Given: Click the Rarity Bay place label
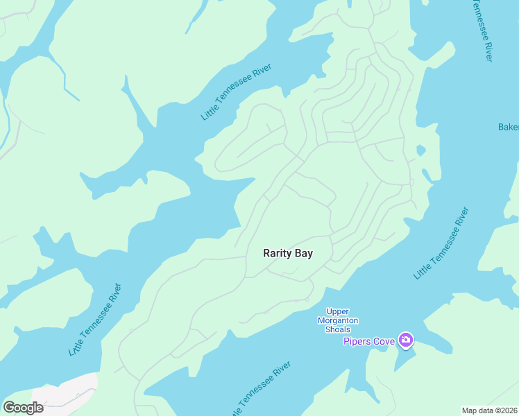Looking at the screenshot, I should point(288,253).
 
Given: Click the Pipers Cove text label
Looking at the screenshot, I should point(369,340).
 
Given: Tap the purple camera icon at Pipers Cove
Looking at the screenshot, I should point(406,340).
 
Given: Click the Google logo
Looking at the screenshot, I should point(23,408).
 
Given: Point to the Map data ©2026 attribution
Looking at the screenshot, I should point(489,410).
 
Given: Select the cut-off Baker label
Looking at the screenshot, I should point(508,127).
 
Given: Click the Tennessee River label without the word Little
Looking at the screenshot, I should point(482,31).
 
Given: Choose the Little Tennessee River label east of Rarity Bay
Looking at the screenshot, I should point(441,243).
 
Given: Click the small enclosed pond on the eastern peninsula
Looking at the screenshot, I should point(420,150).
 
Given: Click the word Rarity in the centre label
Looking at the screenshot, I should point(275,253).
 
